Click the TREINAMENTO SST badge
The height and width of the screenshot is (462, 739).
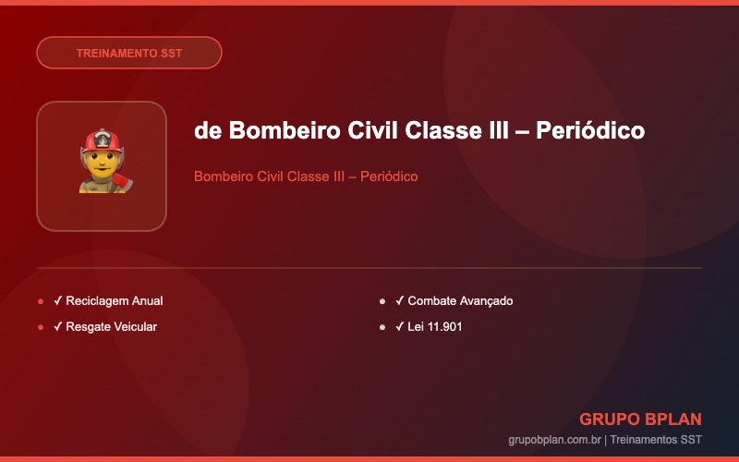point(129,53)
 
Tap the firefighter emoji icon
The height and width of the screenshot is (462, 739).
point(105,161)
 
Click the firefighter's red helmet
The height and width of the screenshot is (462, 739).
point(103,141)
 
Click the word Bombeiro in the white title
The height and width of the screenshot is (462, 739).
point(285,130)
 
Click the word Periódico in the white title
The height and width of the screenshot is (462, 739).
point(590,130)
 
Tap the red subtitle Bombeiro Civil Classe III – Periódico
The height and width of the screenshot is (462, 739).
point(306,176)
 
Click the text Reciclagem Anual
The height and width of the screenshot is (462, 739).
point(115,301)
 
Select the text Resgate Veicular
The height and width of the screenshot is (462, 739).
point(111,327)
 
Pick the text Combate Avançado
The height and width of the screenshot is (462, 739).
point(460,301)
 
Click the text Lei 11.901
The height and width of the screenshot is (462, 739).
point(434,327)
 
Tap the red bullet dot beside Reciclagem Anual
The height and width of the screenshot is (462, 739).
point(41,301)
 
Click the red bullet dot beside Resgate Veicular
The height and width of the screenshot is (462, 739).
point(41,327)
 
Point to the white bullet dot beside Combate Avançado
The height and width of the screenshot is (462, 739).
point(382,301)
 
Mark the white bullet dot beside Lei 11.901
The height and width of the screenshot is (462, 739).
point(382,327)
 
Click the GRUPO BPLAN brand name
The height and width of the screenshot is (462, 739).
point(640,419)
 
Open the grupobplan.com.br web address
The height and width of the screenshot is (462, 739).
point(555,440)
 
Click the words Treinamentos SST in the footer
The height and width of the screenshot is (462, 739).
point(656,440)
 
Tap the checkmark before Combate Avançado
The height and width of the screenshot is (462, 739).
point(400,300)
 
